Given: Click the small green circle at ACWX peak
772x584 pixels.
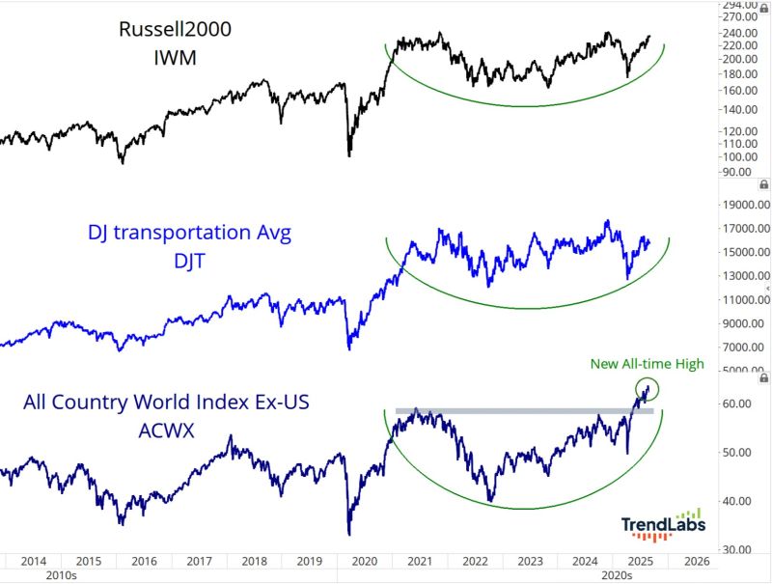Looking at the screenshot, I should [x=648, y=389].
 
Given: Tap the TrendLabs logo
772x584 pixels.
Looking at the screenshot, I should [x=662, y=524].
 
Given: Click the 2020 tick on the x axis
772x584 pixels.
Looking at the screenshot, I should [x=364, y=560].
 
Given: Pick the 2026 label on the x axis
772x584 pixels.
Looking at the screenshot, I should [x=696, y=560].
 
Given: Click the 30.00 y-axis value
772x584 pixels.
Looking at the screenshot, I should [x=738, y=549].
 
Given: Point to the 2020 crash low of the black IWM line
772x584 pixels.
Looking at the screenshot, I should [x=349, y=153].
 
